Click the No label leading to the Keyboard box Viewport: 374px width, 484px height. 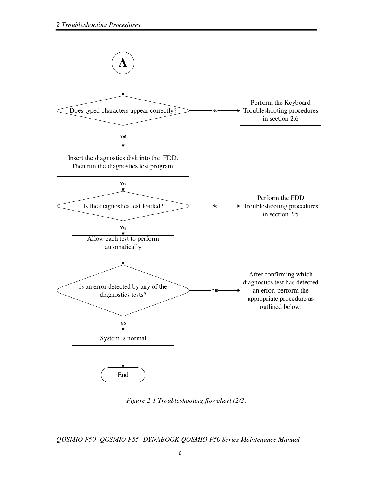(x=215, y=110)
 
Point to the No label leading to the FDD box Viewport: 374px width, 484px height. (x=215, y=206)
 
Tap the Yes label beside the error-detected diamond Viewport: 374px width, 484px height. (x=215, y=290)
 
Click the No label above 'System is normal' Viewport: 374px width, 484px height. (x=123, y=323)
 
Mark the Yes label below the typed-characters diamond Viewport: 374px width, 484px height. (x=123, y=136)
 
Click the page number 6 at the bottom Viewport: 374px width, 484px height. (x=180, y=453)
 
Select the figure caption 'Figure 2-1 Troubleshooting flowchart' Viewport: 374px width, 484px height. (x=187, y=401)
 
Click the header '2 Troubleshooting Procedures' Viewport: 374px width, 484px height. (x=98, y=25)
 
